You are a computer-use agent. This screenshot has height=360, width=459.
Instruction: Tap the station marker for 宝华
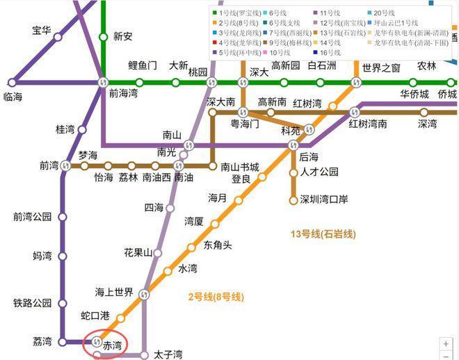tap(58, 38)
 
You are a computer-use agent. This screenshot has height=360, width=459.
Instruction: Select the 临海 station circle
tap(11, 83)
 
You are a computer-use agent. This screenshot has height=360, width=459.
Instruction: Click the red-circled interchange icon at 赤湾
tap(97, 341)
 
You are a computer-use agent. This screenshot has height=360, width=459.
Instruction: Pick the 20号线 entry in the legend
tap(383, 13)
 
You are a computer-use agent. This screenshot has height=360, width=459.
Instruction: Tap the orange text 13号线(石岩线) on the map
tap(322, 234)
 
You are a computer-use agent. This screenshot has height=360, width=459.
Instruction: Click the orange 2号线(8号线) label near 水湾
tap(216, 297)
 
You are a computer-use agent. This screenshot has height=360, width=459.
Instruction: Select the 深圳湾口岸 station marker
tap(293, 200)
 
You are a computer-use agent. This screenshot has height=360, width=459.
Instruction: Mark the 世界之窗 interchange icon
tap(356, 83)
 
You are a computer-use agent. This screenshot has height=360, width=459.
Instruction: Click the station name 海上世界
tap(115, 292)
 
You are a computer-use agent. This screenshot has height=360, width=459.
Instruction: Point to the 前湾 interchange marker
tap(65, 165)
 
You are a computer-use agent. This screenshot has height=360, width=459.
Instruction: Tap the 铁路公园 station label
tap(33, 303)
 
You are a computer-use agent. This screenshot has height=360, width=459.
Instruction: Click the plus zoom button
tap(446, 343)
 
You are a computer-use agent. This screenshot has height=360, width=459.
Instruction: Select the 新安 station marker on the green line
tap(103, 38)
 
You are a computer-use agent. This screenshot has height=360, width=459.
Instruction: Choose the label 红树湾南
tap(368, 124)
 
